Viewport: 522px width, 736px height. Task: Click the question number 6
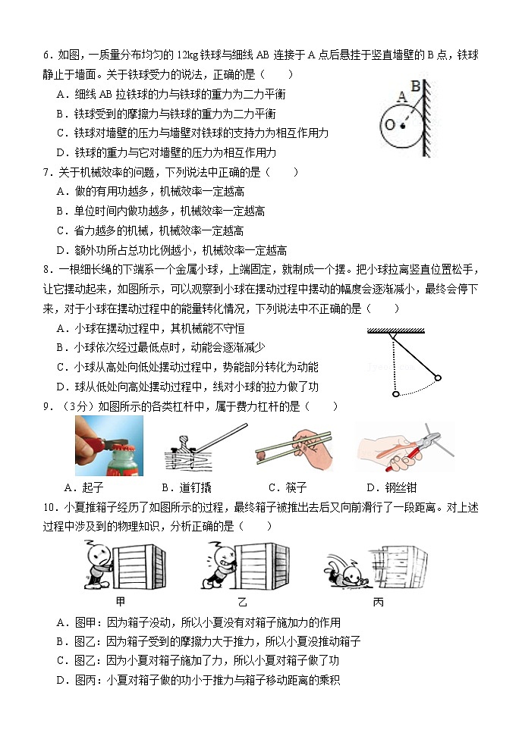(x=46, y=55)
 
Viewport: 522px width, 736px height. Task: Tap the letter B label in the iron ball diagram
(x=415, y=85)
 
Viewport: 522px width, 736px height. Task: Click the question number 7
(x=46, y=172)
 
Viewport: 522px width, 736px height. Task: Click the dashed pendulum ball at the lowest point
(x=395, y=394)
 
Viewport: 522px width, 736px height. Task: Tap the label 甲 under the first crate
(x=120, y=602)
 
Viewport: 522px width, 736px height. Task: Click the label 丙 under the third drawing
(x=377, y=602)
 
